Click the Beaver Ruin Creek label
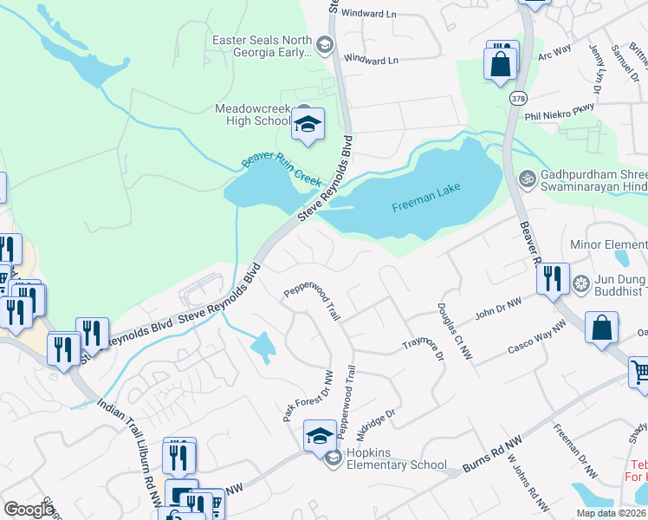(x=281, y=172)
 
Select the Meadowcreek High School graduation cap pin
(x=307, y=126)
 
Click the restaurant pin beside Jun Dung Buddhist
(x=552, y=279)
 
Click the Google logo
(x=29, y=510)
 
